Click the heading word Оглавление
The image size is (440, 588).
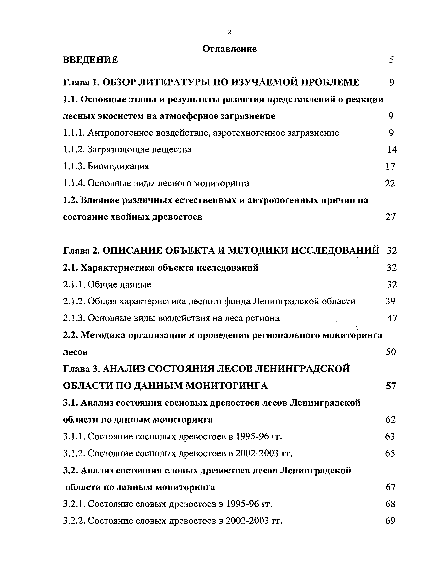pyautogui.click(x=229, y=49)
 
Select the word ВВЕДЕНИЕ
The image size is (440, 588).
pyautogui.click(x=90, y=60)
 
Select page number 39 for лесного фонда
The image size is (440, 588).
pyautogui.click(x=390, y=301)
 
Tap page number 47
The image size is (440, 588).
pyautogui.click(x=392, y=318)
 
